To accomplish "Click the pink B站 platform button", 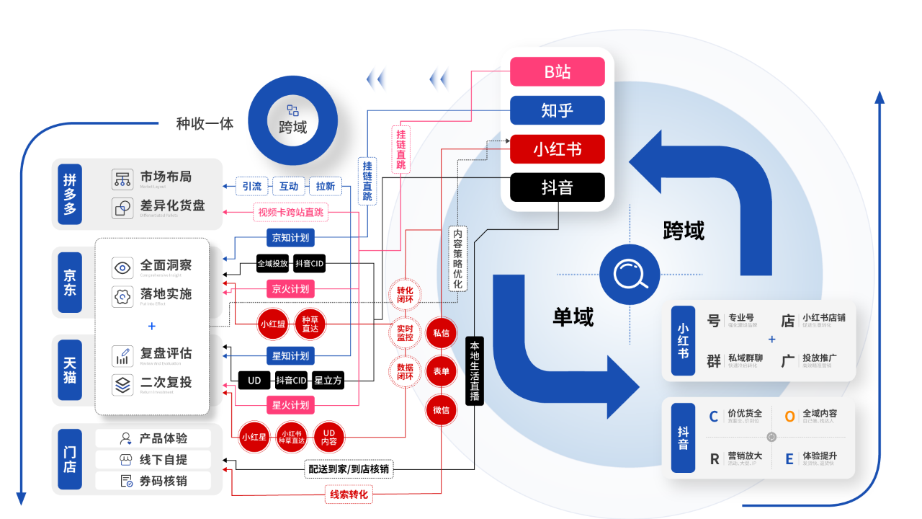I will coord(557,71).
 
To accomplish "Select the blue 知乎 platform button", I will coord(557,110).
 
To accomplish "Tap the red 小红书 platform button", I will coord(557,149).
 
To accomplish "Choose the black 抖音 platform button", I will coord(557,187).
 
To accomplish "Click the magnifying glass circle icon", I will coord(630,275).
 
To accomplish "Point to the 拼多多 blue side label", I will coord(70,194).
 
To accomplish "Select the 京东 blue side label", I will coord(70,282).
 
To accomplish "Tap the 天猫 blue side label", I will coord(70,369).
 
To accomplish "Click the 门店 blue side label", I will coord(70,459).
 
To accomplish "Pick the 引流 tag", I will coord(251,186).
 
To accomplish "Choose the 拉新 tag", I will coord(326,186).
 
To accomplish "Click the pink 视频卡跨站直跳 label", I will coord(291,212).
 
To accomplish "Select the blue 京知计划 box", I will coord(290,237).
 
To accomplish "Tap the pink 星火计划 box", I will coord(290,404).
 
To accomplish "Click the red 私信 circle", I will coord(441,333).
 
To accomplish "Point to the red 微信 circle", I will coord(441,410).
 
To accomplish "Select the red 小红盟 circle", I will coord(272,324).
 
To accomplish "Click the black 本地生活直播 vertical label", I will coord(474,371).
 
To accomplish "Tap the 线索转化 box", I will coord(349,494).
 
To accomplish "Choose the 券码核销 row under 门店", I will coord(153,481).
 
